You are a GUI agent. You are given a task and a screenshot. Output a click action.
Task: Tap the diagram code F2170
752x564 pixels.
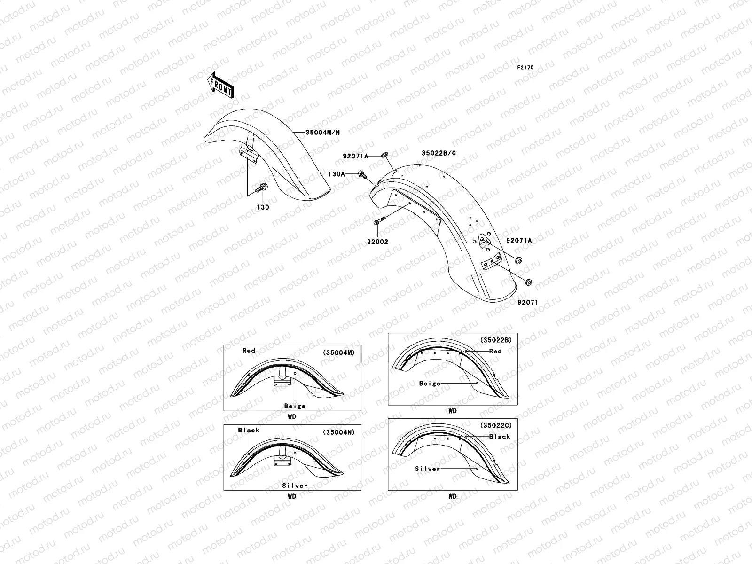[525, 68]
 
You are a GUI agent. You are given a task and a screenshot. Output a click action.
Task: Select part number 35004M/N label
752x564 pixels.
[322, 133]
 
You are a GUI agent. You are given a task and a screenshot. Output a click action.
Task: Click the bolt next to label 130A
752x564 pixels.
[362, 174]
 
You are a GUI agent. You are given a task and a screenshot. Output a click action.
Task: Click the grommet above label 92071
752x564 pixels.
[528, 283]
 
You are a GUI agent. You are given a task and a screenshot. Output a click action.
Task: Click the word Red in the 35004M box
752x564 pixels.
[249, 351]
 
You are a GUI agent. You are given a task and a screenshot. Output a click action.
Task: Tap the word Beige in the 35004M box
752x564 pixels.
[295, 406]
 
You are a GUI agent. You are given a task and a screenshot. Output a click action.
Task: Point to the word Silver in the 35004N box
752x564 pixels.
[295, 486]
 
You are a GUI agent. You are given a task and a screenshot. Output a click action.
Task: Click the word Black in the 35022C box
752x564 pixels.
[500, 437]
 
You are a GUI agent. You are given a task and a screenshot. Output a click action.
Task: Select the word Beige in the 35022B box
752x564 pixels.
[430, 384]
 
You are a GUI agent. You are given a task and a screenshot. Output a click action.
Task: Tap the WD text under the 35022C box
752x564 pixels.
[452, 496]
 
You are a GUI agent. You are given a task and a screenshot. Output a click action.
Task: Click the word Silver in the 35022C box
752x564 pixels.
[428, 469]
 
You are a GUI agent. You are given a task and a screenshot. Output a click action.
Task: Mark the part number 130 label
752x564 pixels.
[263, 207]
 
